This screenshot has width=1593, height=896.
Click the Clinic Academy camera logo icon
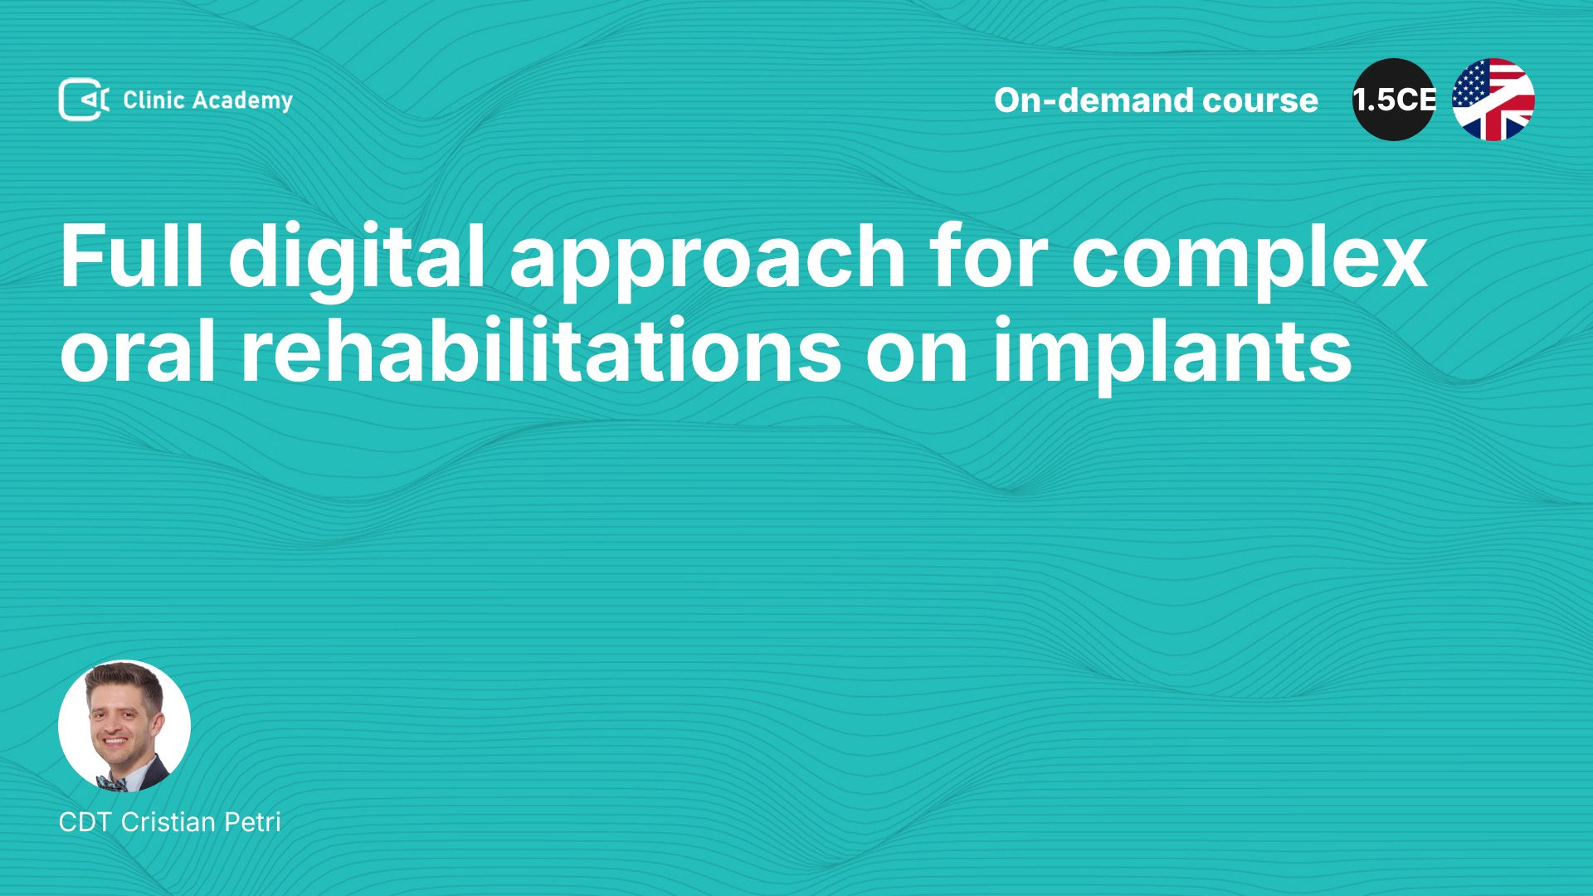click(x=84, y=100)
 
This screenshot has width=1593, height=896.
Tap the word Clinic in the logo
click(x=153, y=100)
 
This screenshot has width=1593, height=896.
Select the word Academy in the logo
click(x=243, y=101)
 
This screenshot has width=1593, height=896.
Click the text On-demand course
click(x=1156, y=100)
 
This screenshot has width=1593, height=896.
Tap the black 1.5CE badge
click(x=1394, y=100)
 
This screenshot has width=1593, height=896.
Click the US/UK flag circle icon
click(x=1493, y=100)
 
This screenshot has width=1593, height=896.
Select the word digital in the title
click(x=357, y=261)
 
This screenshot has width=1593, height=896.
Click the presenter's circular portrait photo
click(x=124, y=726)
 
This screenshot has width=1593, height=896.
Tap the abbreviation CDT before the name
click(x=85, y=822)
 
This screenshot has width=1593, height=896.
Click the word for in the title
click(x=988, y=256)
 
